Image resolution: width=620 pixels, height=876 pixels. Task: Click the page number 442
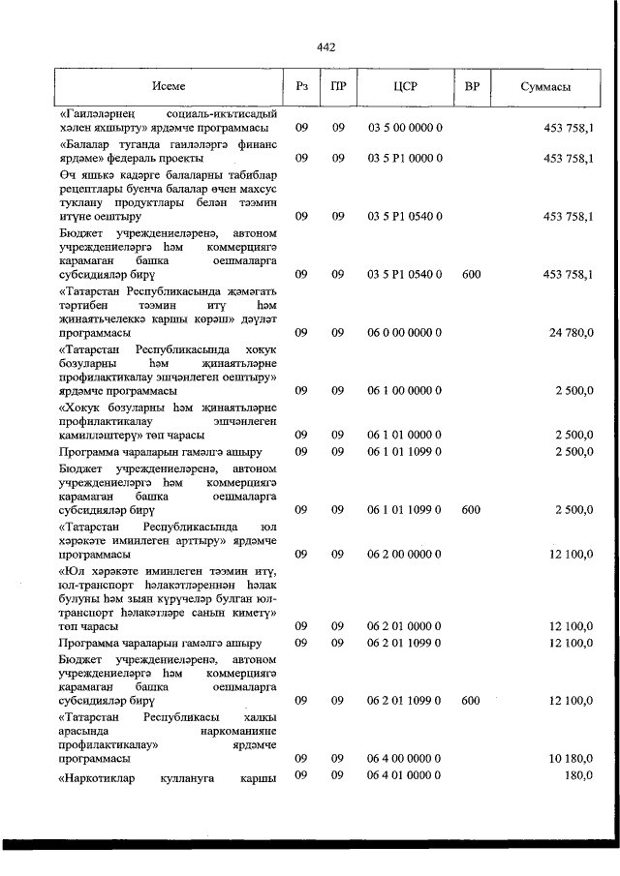pyautogui.click(x=325, y=46)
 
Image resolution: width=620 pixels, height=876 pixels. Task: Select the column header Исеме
pyautogui.click(x=169, y=87)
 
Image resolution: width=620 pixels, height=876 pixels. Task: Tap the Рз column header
pyautogui.click(x=301, y=87)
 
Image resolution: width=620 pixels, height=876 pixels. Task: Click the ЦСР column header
pyautogui.click(x=405, y=87)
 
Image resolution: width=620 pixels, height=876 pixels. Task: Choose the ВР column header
pyautogui.click(x=472, y=87)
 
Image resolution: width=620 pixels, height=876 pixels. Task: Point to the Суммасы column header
pyautogui.click(x=544, y=87)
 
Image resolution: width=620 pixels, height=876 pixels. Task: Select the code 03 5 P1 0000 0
pyautogui.click(x=405, y=157)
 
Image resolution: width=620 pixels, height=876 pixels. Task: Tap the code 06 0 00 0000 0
pyautogui.click(x=405, y=332)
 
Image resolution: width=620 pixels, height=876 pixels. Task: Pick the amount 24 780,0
pyautogui.click(x=572, y=332)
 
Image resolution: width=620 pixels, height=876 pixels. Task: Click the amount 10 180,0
pyautogui.click(x=572, y=759)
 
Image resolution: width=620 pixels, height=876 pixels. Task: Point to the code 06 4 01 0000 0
pyautogui.click(x=405, y=775)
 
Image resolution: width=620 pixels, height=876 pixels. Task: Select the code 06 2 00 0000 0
pyautogui.click(x=405, y=555)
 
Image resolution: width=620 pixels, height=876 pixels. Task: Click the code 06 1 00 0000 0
pyautogui.click(x=405, y=390)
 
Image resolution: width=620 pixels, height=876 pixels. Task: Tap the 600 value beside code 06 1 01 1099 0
pyautogui.click(x=472, y=509)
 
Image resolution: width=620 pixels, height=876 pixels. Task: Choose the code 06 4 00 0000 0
pyautogui.click(x=405, y=759)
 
